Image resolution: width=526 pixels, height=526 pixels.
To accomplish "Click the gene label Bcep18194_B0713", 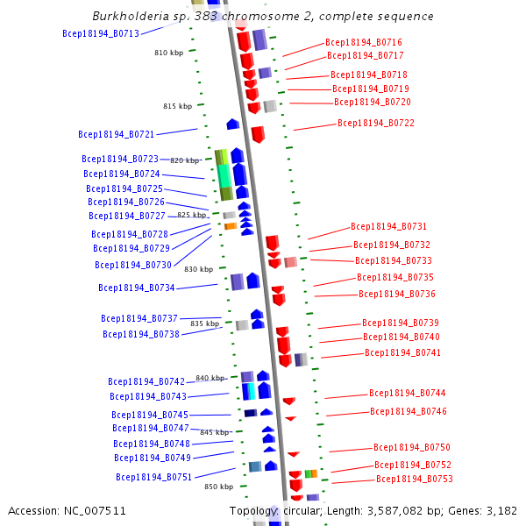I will point(101,33).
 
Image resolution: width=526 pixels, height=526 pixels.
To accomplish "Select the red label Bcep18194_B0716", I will point(364,42).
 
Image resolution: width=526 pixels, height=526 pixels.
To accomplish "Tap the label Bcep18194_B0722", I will point(376,123).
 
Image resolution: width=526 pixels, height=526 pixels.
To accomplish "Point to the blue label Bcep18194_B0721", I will point(116,134).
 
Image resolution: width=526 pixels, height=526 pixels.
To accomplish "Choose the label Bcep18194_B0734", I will point(137,288).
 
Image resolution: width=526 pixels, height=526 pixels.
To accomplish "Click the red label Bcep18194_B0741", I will point(402,352).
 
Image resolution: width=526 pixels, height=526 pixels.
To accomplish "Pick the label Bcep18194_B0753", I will point(415,479).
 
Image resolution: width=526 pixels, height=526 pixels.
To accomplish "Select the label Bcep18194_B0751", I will point(153,477).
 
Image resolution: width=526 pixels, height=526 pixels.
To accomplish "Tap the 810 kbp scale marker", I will point(169,53).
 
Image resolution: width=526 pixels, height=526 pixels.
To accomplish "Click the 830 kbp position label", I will point(198,269).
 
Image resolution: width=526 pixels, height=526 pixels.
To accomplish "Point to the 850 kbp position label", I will point(218,487).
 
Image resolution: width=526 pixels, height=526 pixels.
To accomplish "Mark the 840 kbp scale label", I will point(210,378).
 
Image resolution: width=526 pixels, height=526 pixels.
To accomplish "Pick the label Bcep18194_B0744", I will point(407,393).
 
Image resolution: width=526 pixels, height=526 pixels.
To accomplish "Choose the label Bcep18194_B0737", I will point(139,318).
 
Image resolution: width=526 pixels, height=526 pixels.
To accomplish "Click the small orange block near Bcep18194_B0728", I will point(230,226).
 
